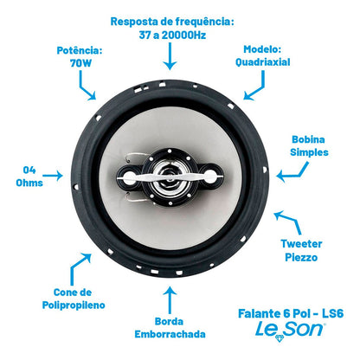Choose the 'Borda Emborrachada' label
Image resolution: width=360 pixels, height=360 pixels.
[171, 327]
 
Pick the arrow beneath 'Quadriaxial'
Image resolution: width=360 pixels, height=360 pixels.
[254, 87]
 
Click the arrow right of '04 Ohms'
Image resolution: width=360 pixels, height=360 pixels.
[55, 175]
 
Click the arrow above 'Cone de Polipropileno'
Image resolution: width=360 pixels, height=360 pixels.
[84, 262]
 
